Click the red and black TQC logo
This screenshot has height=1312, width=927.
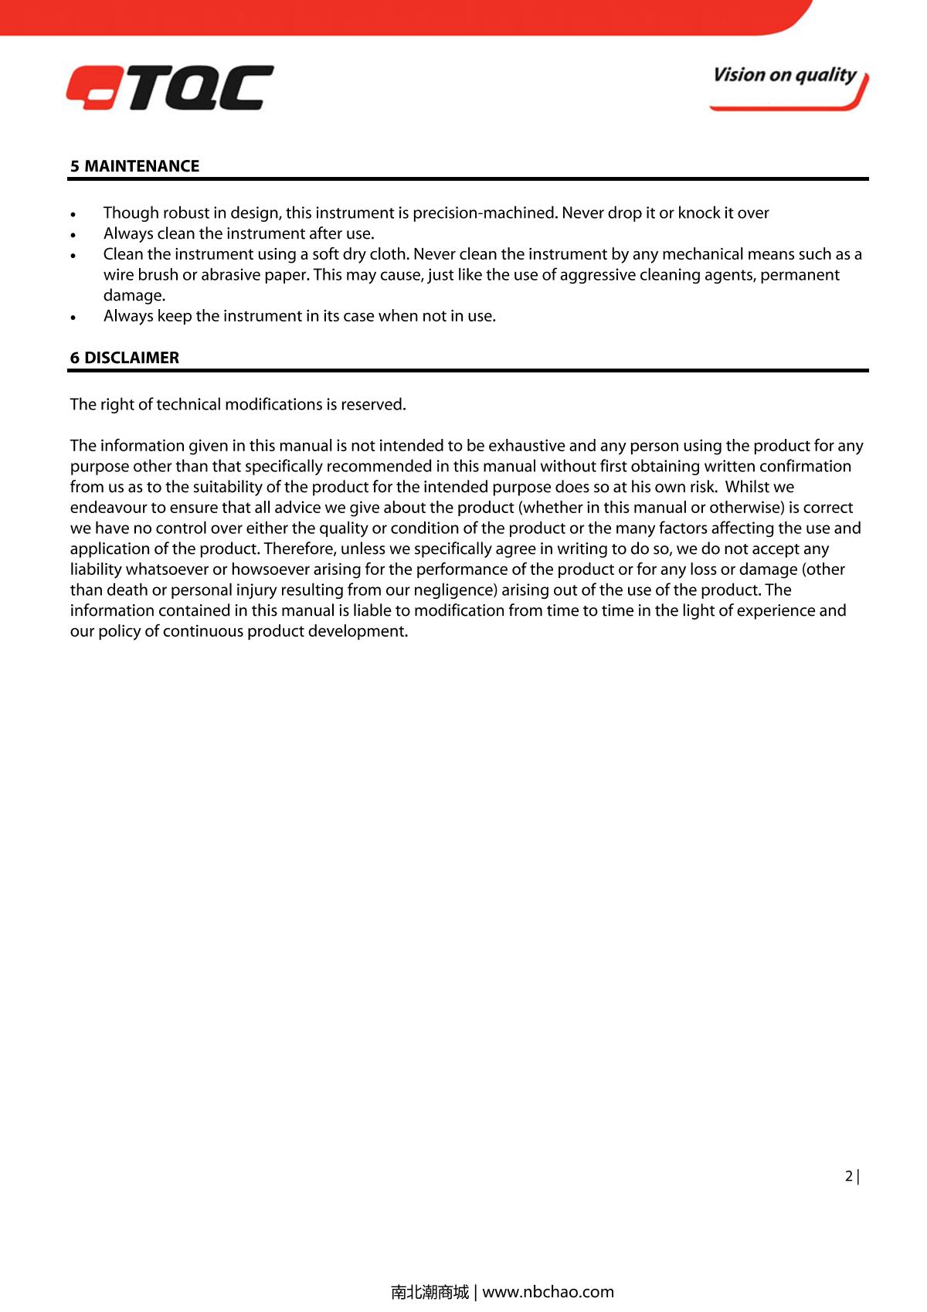click(x=170, y=87)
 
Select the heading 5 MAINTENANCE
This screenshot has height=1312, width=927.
click(x=134, y=166)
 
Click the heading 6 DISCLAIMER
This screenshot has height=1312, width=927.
click(x=124, y=358)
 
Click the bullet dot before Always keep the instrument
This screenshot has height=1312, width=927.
click(x=73, y=318)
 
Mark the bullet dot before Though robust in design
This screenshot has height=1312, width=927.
click(x=73, y=214)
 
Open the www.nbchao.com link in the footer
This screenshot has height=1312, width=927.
click(x=548, y=1291)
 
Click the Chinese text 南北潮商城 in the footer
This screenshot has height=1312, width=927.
click(x=430, y=1291)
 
